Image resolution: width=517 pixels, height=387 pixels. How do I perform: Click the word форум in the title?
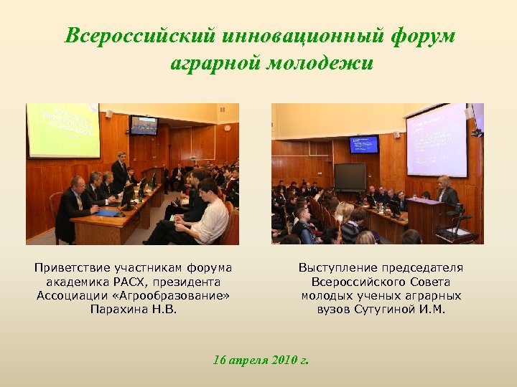(x=424, y=35)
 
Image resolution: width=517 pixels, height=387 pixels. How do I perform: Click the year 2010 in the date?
(x=287, y=359)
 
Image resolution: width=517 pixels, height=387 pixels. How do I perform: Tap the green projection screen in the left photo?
(x=63, y=129)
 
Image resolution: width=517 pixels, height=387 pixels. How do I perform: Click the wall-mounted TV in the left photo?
(x=144, y=125)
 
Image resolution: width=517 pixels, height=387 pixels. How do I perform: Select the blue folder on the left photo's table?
(x=108, y=212)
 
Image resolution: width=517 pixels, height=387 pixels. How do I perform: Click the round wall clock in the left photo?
(x=227, y=128)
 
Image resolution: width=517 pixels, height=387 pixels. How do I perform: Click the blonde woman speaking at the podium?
(x=447, y=191)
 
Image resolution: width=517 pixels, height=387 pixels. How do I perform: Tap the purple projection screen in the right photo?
(x=437, y=140)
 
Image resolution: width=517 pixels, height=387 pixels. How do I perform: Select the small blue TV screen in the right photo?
(x=363, y=144)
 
